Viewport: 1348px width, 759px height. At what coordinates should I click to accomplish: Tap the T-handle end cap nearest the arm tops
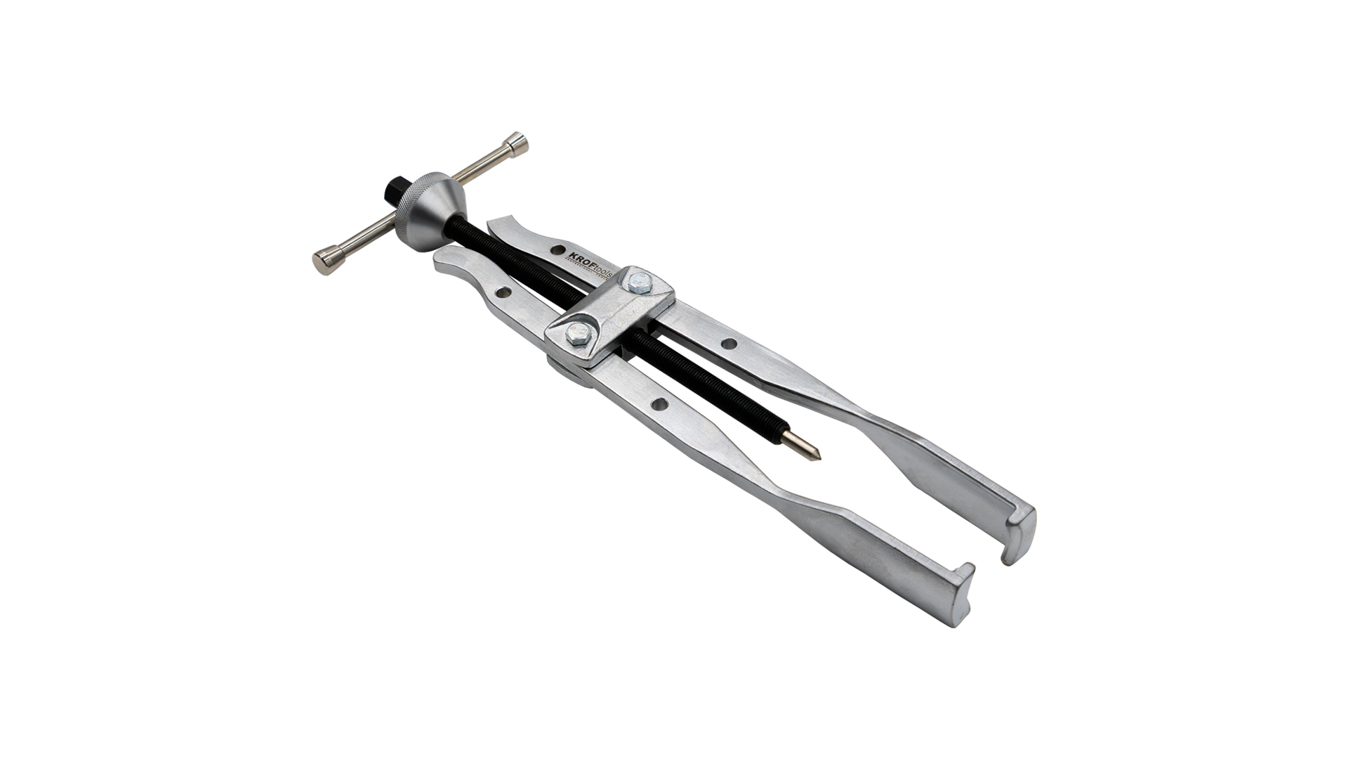pyautogui.click(x=324, y=261)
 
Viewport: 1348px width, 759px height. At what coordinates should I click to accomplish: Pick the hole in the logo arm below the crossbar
pyautogui.click(x=729, y=344)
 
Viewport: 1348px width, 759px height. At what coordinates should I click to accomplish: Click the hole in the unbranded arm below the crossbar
pyautogui.click(x=659, y=404)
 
